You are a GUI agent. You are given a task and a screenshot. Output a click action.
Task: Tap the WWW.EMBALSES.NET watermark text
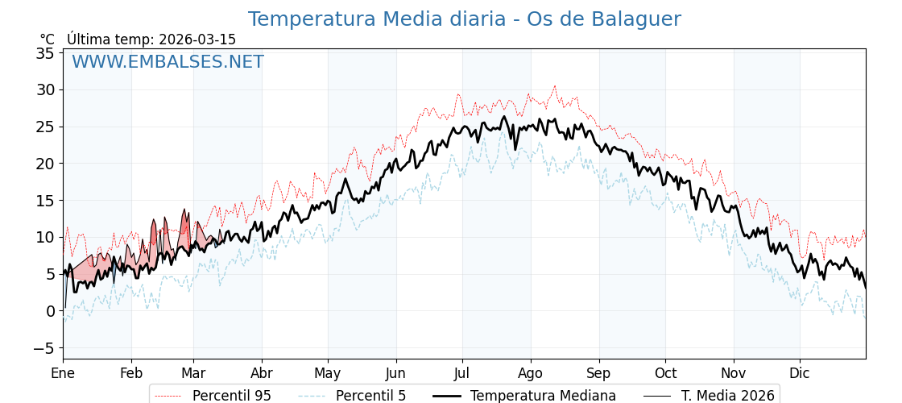tap(168, 62)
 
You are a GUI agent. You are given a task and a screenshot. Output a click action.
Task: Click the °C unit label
tap(48, 39)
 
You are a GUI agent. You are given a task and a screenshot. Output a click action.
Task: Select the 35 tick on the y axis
tap(45, 53)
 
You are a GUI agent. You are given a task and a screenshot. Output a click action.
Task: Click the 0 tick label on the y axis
tap(50, 311)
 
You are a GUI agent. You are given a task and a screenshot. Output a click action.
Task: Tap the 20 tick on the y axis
tap(45, 164)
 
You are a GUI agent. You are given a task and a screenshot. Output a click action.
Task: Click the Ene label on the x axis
tap(63, 373)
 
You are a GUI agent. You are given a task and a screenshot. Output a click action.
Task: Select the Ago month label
tap(531, 373)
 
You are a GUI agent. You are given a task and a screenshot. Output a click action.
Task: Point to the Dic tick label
tap(800, 373)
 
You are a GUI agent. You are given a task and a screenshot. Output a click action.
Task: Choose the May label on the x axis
tap(328, 373)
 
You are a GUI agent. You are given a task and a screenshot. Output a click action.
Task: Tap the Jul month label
tap(462, 373)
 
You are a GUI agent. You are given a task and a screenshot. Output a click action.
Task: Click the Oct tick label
tap(665, 373)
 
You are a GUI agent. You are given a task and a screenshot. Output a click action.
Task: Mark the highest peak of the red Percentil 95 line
tap(554, 86)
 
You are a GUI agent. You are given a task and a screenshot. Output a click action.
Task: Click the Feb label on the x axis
tap(131, 373)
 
